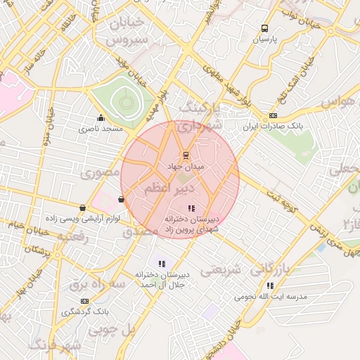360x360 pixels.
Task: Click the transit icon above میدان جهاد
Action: pyautogui.click(x=186, y=155)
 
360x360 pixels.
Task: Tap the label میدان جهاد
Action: pyautogui.click(x=186, y=167)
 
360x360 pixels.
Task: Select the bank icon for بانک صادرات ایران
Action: pyautogui.click(x=274, y=115)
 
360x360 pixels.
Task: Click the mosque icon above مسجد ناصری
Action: pyautogui.click(x=101, y=118)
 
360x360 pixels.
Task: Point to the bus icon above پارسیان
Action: pyautogui.click(x=264, y=29)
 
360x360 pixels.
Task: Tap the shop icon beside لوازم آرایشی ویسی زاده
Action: pyautogui.click(x=84, y=208)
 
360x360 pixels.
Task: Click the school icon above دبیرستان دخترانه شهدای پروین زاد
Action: pyautogui.click(x=191, y=207)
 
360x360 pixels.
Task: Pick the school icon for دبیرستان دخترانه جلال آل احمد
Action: pyautogui.click(x=161, y=264)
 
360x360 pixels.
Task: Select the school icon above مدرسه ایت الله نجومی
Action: pyautogui.click(x=270, y=285)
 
